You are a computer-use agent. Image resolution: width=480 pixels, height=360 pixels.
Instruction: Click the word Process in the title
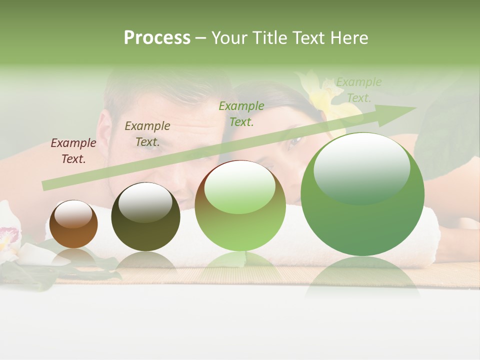pyautogui.click(x=157, y=38)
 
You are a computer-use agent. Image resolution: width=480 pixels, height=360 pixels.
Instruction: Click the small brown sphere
pyautogui.click(x=73, y=224)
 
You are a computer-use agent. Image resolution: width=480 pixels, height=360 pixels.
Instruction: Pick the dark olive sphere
pyautogui.click(x=145, y=217)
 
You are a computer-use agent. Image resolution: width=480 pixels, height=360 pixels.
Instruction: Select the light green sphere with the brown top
pyautogui.click(x=240, y=205)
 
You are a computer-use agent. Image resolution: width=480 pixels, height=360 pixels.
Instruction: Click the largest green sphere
pyautogui.click(x=362, y=194)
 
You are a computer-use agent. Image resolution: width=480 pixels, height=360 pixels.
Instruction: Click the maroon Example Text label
pyautogui.click(x=73, y=151)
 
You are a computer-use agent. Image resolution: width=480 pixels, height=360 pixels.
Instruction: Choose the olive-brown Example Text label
pyautogui.click(x=147, y=134)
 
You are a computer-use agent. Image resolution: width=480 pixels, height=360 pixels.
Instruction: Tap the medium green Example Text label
pyautogui.click(x=241, y=114)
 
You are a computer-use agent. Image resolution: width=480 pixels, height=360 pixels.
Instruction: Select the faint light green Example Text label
pyautogui.click(x=358, y=90)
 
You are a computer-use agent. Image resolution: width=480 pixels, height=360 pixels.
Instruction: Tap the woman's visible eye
pyautogui.click(x=293, y=141)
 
